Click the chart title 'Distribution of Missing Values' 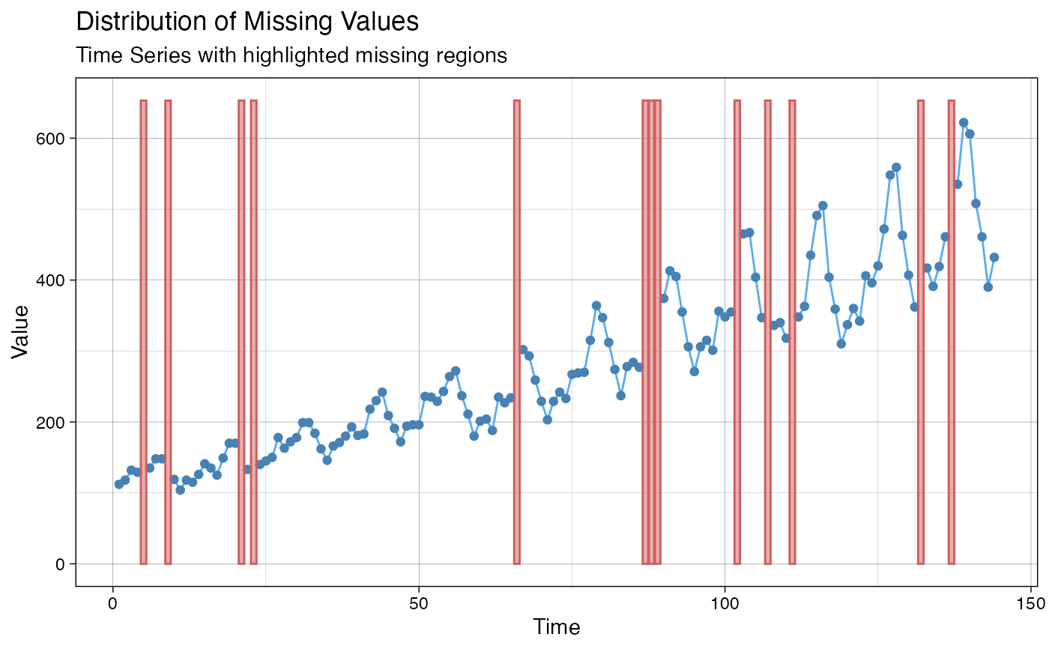(247, 21)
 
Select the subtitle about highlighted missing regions (292, 55)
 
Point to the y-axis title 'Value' (20, 332)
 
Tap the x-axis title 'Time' (556, 627)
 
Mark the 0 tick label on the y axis (61, 564)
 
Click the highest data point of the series (964, 123)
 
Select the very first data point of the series (118, 484)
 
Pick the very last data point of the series (994, 257)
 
